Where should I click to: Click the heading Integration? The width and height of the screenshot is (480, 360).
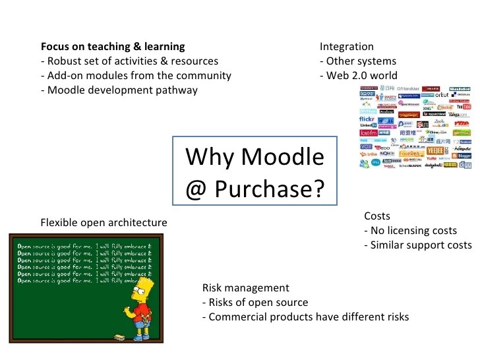[x=347, y=47]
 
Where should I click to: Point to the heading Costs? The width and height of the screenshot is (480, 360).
[x=377, y=216]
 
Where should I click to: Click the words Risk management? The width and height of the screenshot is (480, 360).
[x=245, y=287]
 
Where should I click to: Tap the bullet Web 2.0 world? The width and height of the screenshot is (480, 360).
[x=359, y=76]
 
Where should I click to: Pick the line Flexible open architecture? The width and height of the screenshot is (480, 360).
[x=104, y=222]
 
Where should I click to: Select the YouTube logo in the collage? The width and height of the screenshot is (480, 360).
[x=464, y=106]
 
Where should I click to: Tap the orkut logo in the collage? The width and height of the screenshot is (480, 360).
[x=446, y=95]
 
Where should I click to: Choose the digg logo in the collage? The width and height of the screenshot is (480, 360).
[x=465, y=165]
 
